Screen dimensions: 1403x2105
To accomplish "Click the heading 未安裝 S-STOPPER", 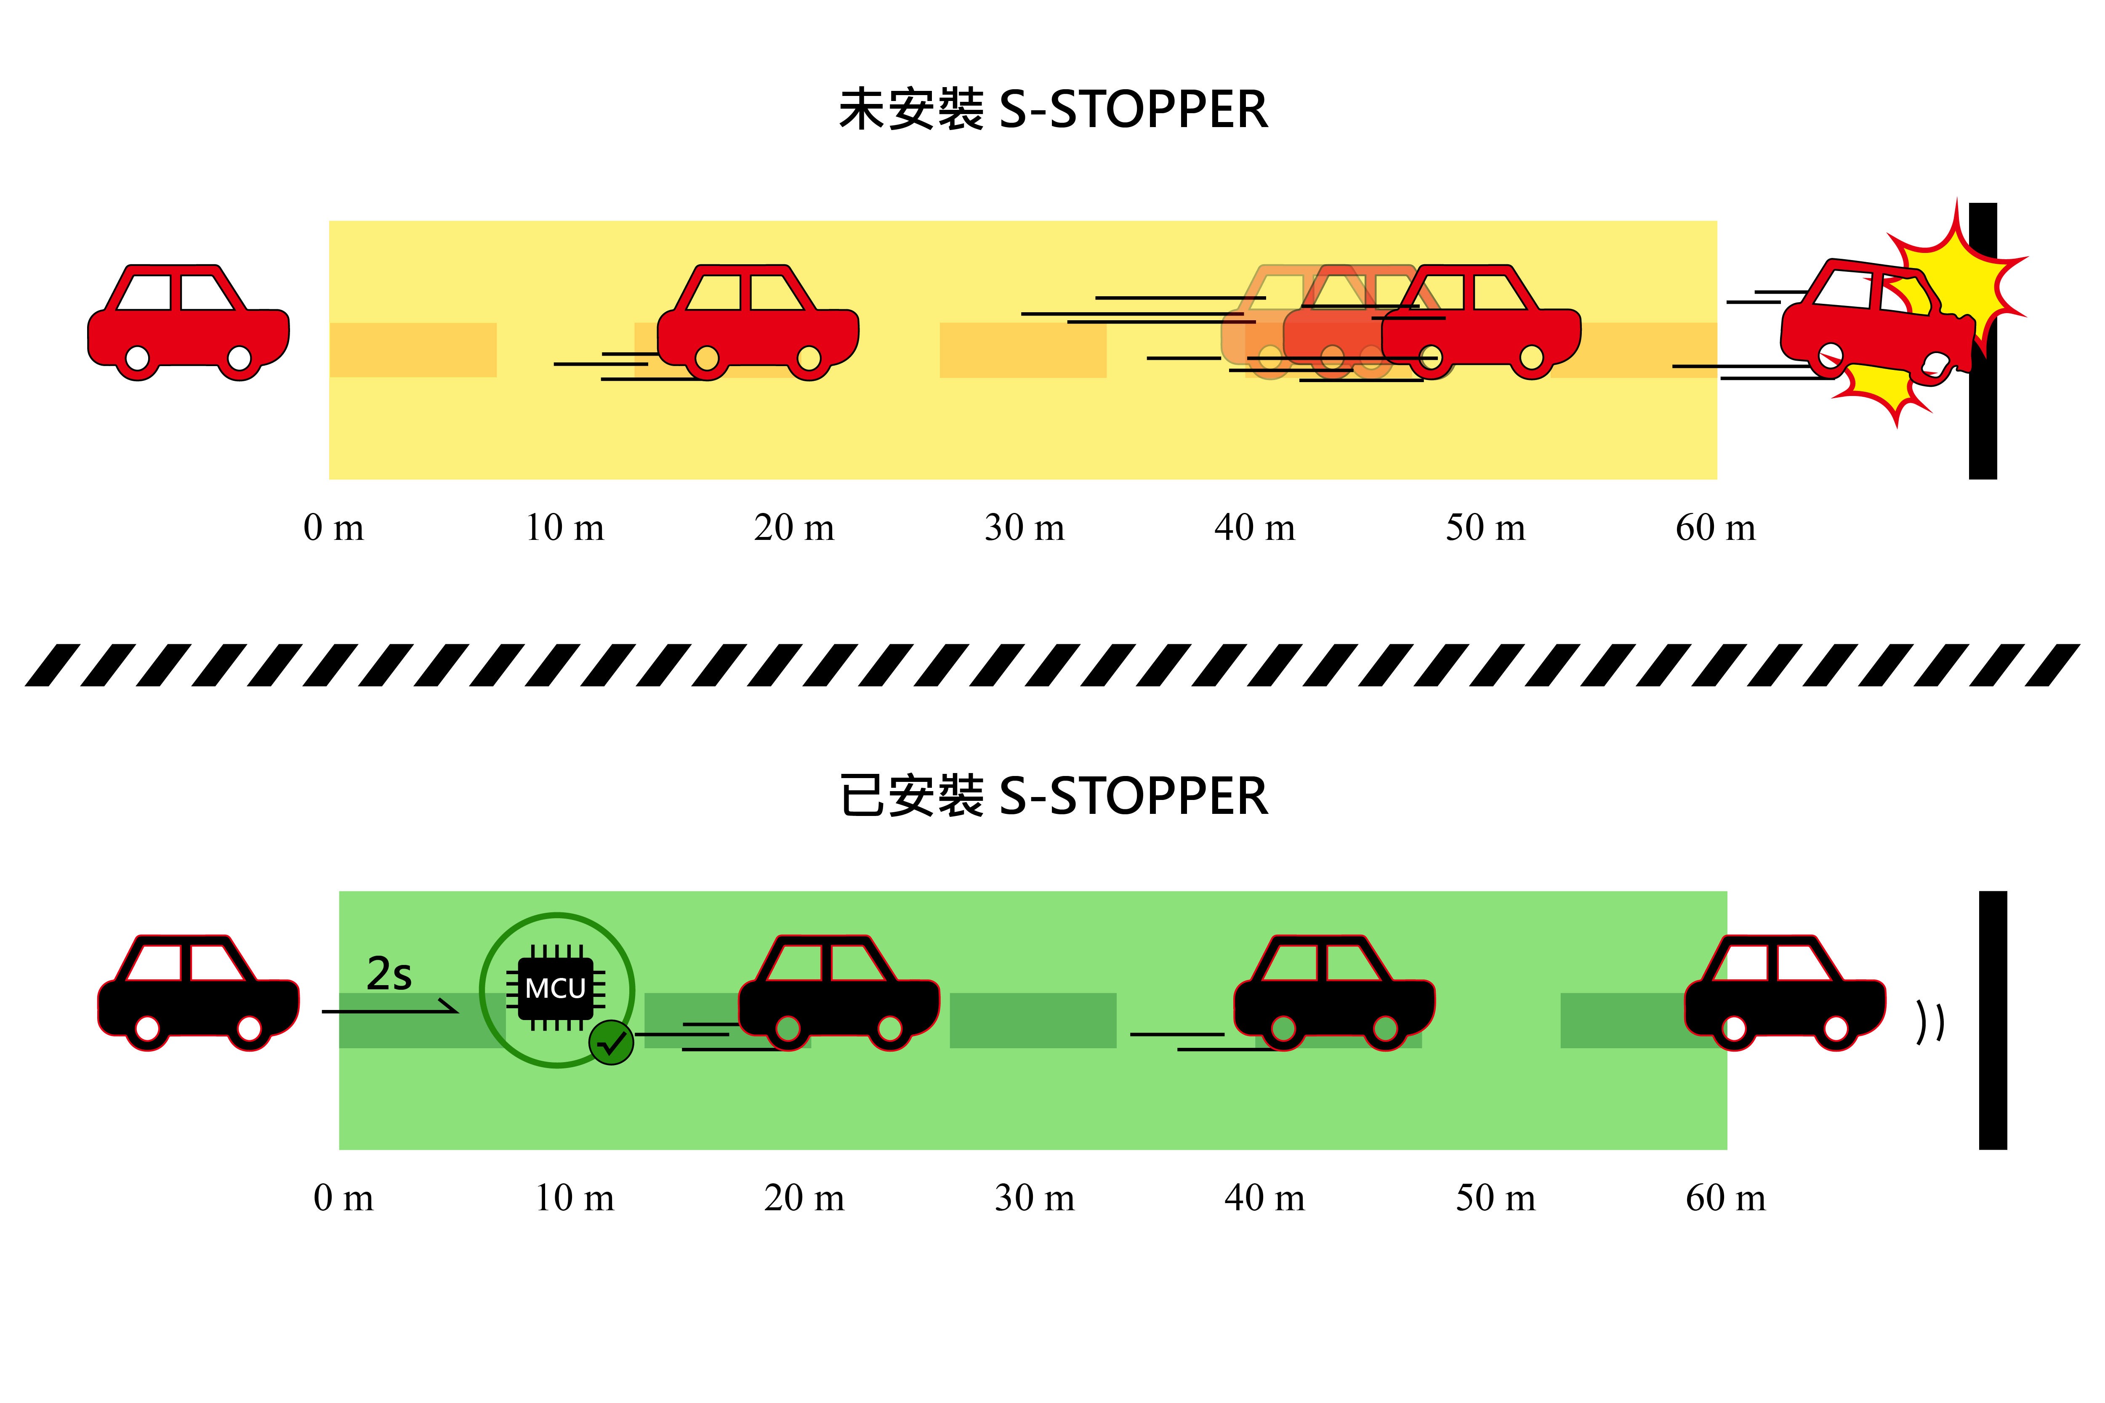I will pyautogui.click(x=1052, y=110).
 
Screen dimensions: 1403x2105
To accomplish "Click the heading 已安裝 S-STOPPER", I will pyautogui.click(x=1052, y=796).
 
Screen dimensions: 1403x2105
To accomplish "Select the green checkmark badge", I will pyautogui.click(x=611, y=1042).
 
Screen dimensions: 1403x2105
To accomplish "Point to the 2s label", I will pyautogui.click(x=389, y=973).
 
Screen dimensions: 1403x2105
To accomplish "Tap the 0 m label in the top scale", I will pyautogui.click(x=334, y=528).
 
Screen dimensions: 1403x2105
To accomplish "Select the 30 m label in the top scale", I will pyautogui.click(x=1025, y=528).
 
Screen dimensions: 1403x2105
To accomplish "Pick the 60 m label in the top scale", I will pyautogui.click(x=1716, y=528).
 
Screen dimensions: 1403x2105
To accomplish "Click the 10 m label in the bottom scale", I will pyautogui.click(x=575, y=1198).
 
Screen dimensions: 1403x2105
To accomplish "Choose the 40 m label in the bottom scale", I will pyautogui.click(x=1264, y=1198).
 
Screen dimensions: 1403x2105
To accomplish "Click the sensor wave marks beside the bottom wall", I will pyautogui.click(x=1929, y=1022).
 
